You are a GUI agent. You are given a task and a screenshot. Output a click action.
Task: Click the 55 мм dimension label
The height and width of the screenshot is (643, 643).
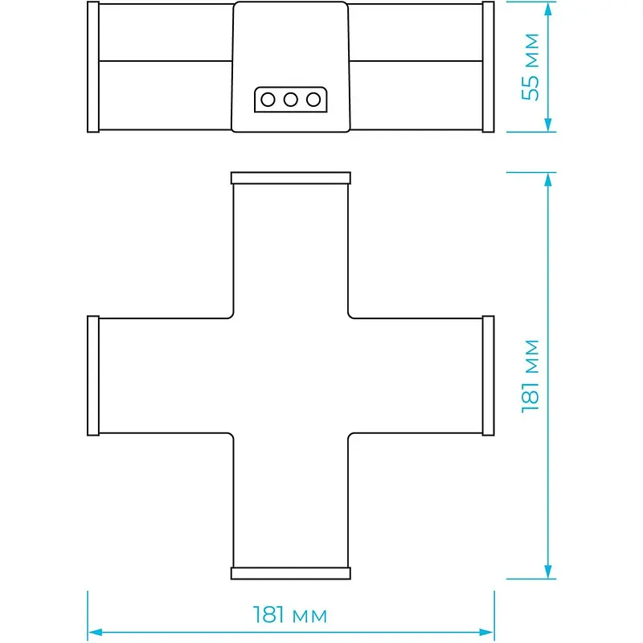click(x=530, y=67)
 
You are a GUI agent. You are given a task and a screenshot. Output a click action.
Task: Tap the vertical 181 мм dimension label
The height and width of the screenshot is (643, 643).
click(x=530, y=376)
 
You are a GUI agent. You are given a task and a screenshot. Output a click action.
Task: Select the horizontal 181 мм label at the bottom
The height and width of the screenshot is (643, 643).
click(x=290, y=615)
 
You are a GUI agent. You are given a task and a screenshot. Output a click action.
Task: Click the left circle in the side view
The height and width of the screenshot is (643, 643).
click(x=268, y=99)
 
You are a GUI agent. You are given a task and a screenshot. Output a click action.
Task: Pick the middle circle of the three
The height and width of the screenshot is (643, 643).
click(x=290, y=99)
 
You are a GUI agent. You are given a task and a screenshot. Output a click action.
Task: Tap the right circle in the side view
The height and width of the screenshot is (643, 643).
click(x=313, y=99)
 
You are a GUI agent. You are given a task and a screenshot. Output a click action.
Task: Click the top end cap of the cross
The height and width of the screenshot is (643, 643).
click(x=291, y=178)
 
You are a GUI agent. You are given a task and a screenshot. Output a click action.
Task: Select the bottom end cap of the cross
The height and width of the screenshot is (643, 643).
click(x=291, y=573)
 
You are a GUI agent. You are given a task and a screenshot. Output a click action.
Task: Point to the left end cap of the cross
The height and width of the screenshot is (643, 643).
click(x=93, y=375)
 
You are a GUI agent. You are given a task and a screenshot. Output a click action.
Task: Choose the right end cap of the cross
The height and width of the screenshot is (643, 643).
click(x=489, y=375)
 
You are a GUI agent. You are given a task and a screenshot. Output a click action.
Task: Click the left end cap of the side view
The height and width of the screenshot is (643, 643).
click(x=93, y=67)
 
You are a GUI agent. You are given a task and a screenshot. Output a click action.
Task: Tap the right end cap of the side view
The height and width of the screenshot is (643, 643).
click(x=489, y=67)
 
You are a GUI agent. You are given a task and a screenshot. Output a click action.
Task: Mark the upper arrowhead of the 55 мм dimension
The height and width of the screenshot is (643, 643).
click(x=548, y=8)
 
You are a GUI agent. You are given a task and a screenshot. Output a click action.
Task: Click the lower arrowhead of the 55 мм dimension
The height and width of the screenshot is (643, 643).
click(x=548, y=125)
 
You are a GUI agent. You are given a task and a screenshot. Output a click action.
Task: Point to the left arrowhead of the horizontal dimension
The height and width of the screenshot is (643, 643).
click(x=95, y=633)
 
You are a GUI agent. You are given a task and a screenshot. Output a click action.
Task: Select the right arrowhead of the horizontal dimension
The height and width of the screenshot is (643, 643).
click(x=487, y=633)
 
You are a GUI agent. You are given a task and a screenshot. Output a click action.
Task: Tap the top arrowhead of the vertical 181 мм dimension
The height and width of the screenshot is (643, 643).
click(x=548, y=179)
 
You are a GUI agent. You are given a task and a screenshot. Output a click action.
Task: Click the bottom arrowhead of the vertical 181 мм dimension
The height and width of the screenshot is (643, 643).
click(x=548, y=571)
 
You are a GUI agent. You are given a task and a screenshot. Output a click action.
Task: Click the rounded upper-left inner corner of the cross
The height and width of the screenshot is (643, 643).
click(x=231, y=316)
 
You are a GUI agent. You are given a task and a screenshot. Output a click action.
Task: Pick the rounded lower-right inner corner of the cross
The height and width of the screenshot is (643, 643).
click(x=350, y=435)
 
